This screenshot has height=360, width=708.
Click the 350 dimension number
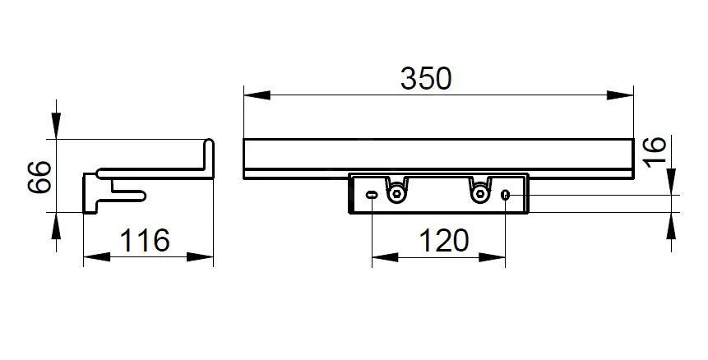426,79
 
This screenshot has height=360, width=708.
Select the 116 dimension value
145,241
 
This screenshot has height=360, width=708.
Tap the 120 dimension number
444,241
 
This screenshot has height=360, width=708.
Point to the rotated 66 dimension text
39,177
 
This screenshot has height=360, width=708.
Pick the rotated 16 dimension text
655,151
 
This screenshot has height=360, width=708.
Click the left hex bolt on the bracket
396,194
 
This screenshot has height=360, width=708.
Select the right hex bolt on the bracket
479,194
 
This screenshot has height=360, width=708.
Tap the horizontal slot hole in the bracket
372,195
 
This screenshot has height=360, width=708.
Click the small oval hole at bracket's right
505,195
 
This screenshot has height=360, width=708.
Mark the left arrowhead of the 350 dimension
257,95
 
